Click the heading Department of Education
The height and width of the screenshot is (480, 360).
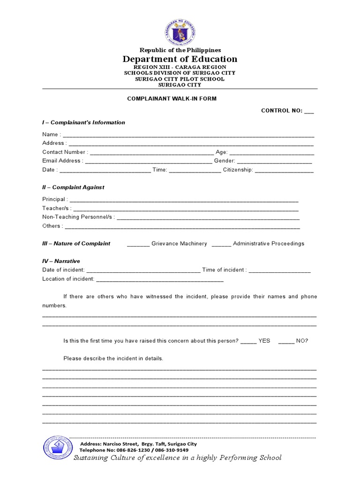pos(180,59)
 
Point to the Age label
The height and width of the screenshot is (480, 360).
pos(221,152)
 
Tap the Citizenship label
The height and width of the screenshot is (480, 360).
pos(238,170)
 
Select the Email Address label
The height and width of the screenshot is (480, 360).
pos(62,161)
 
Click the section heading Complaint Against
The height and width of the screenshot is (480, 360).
pos(73,187)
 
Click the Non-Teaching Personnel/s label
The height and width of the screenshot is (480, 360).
pos(78,217)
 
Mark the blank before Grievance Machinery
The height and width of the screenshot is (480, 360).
pos(138,244)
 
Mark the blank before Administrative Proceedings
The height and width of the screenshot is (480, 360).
pos(221,244)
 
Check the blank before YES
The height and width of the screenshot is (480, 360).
pos(248,342)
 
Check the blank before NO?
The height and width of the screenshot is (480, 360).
pos(286,342)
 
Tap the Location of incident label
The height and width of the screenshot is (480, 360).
pos(68,279)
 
